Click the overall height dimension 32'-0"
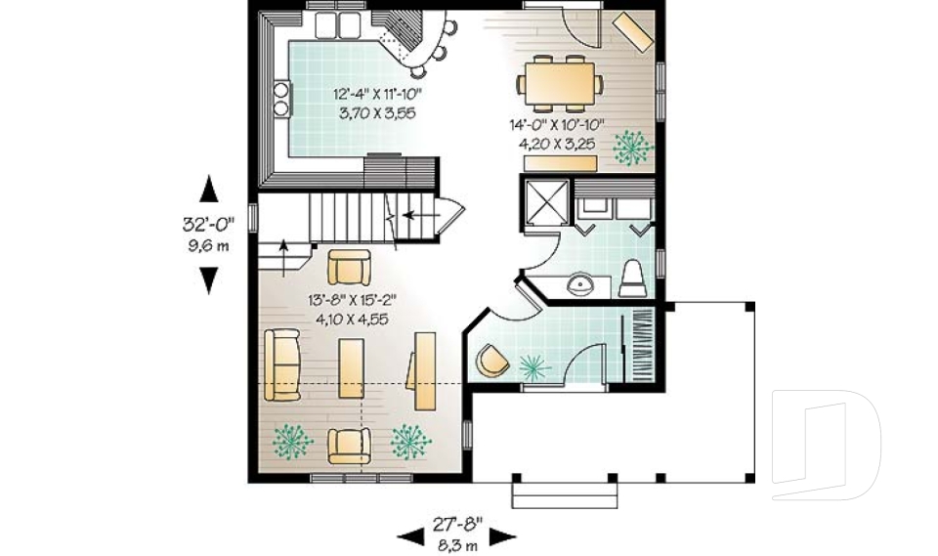208,224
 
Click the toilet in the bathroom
632,278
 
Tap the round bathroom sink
581,285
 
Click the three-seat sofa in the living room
282,365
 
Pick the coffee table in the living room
352,367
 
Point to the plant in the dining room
631,148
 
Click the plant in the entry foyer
533,366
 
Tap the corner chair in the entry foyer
491,360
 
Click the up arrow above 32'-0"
208,188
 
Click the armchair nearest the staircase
349,267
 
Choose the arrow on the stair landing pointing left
420,212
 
